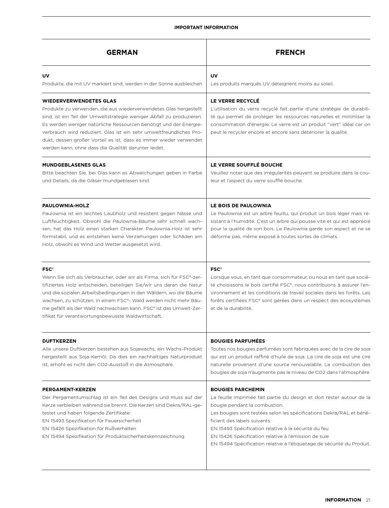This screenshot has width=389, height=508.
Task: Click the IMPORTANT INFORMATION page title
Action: click(x=206, y=27)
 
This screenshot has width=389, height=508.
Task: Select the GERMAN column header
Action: click(x=122, y=52)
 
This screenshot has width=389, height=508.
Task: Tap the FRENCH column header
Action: click(x=290, y=52)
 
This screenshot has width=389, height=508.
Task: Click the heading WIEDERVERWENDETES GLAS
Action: click(x=79, y=101)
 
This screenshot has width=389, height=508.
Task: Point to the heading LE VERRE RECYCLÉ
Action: click(x=235, y=101)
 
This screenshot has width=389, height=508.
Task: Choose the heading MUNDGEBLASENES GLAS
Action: click(x=74, y=165)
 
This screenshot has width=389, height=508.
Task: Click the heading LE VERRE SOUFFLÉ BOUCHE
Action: click(x=246, y=165)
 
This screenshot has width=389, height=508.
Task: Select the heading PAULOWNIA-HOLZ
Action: click(x=66, y=206)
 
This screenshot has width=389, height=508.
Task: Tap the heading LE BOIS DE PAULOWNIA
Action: click(x=241, y=206)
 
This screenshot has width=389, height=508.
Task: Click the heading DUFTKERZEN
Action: click(x=59, y=341)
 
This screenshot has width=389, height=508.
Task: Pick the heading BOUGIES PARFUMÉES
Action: click(x=238, y=341)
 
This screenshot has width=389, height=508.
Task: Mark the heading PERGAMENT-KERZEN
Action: click(x=69, y=389)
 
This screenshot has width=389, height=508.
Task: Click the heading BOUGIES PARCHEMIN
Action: click(x=237, y=389)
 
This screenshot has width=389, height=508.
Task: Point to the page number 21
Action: click(x=368, y=500)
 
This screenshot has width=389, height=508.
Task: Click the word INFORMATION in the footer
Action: click(x=343, y=500)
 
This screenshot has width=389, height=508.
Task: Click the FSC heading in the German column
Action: click(x=48, y=269)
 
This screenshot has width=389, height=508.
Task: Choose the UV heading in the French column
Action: click(x=214, y=76)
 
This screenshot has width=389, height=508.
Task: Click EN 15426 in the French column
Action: click(x=222, y=436)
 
